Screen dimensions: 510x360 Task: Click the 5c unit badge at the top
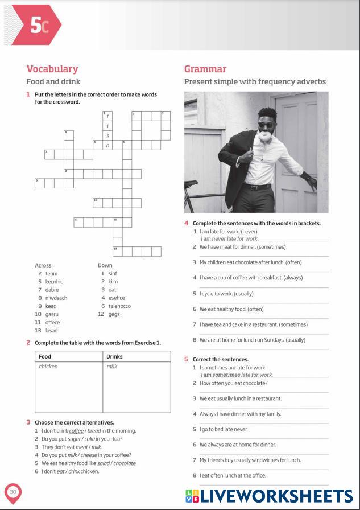[36, 26]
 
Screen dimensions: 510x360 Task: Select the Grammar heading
[205, 69]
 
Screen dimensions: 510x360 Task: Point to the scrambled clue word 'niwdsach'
[56, 298]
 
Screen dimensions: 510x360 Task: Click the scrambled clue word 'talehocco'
[119, 306]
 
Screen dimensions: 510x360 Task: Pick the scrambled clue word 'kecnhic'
[54, 281]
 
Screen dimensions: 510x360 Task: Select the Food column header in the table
[45, 356]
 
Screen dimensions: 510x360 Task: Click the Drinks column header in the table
[114, 356]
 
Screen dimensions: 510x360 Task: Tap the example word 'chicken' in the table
[48, 367]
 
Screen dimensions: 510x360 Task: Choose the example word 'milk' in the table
[111, 367]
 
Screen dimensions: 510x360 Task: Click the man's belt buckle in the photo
[253, 187]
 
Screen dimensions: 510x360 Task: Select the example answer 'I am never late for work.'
[229, 238]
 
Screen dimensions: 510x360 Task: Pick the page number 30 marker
[13, 492]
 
